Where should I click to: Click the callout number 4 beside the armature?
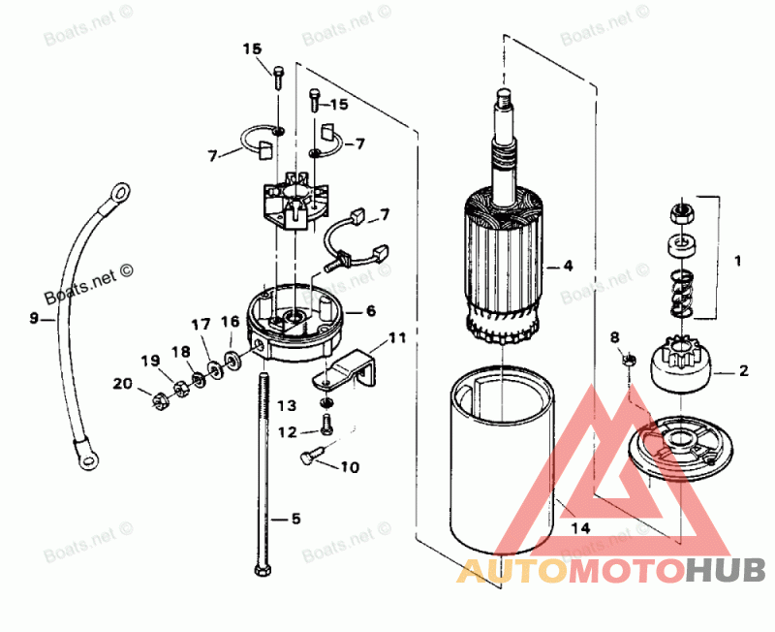[x=568, y=265]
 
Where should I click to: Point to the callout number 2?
[x=744, y=369]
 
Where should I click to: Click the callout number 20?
[x=122, y=383]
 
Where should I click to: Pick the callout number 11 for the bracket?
[x=397, y=338]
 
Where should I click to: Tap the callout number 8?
[x=613, y=336]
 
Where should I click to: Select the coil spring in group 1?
[x=681, y=294]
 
